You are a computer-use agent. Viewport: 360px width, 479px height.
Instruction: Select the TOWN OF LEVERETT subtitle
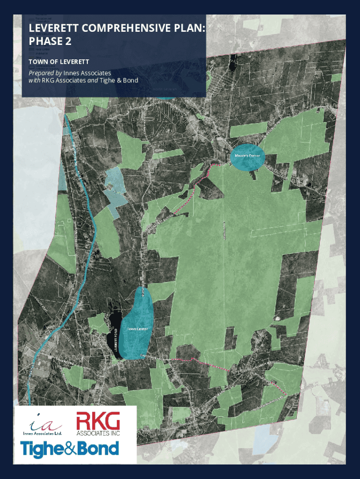click(x=59, y=62)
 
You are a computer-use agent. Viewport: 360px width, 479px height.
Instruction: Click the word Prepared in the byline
click(x=41, y=73)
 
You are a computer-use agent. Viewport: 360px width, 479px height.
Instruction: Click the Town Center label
click(x=137, y=329)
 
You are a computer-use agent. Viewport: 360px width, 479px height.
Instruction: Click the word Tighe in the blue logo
click(x=41, y=450)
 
